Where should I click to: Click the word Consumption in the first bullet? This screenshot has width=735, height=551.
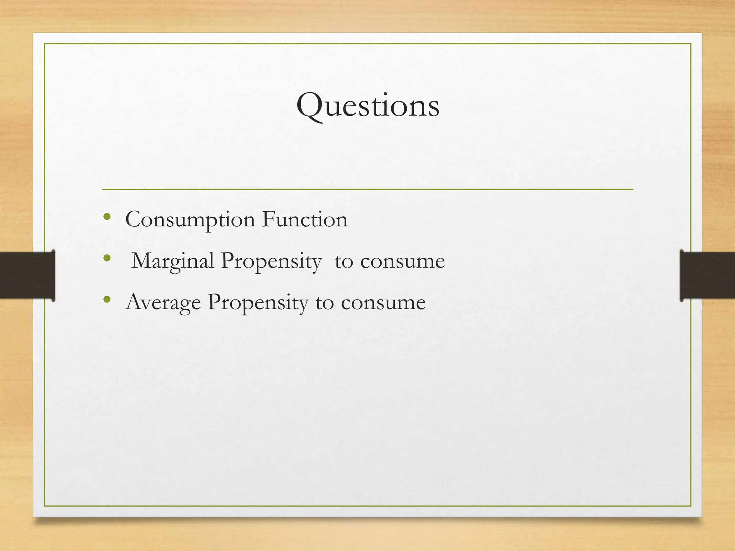pyautogui.click(x=190, y=220)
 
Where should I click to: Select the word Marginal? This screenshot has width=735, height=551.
pyautogui.click(x=173, y=261)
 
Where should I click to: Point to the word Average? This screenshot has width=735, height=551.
pyautogui.click(x=163, y=302)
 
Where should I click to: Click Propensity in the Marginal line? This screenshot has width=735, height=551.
pyautogui.click(x=271, y=261)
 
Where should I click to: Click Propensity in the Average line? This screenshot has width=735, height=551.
pyautogui.click(x=258, y=302)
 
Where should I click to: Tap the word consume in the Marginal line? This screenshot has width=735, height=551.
pyautogui.click(x=402, y=261)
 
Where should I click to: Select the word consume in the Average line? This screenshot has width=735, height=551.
pyautogui.click(x=383, y=302)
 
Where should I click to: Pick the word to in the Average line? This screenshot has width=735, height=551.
pyautogui.click(x=324, y=302)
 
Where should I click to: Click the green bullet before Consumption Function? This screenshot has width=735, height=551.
pyautogui.click(x=107, y=216)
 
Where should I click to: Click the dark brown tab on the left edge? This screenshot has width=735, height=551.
pyautogui.click(x=27, y=275)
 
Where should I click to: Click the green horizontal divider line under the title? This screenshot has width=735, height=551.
pyautogui.click(x=367, y=189)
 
